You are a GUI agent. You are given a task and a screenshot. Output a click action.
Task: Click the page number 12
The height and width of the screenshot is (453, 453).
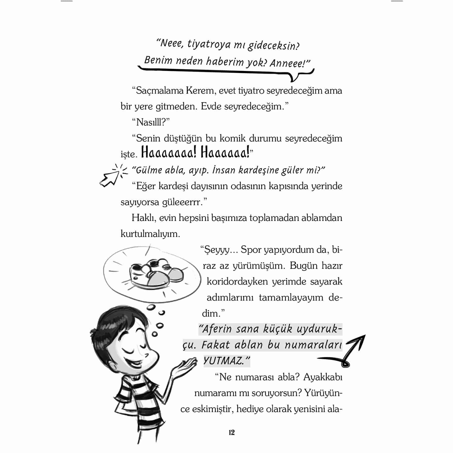232,432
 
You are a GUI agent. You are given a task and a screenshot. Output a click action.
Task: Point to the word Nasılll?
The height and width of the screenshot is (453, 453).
150,122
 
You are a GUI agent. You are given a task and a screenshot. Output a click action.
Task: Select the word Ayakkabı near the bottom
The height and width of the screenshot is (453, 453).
323,377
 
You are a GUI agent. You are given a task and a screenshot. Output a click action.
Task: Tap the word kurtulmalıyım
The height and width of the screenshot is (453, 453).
150,234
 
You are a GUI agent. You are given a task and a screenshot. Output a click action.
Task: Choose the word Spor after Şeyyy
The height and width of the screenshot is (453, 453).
251,250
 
